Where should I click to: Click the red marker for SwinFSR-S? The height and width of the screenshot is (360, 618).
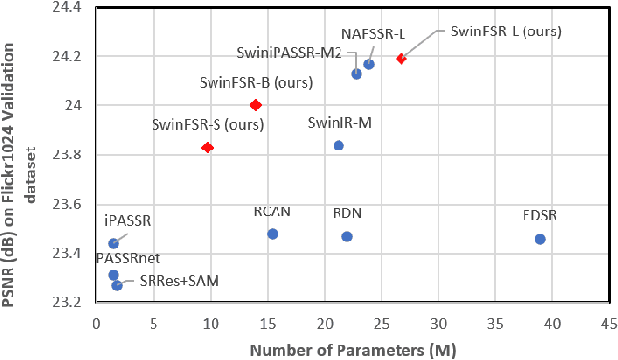(207, 148)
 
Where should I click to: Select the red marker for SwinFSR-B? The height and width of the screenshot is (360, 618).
(256, 105)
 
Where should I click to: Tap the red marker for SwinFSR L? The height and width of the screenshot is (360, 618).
(401, 59)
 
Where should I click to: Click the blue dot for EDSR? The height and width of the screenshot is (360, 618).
(540, 239)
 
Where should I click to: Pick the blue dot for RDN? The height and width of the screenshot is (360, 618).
(347, 236)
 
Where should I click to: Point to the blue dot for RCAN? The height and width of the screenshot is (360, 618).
(273, 234)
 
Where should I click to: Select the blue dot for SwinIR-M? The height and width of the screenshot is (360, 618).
(339, 146)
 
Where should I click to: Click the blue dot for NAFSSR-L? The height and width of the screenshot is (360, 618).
(369, 64)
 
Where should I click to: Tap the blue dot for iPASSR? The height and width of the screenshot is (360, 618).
(113, 243)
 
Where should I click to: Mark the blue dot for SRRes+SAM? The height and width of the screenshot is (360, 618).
(117, 285)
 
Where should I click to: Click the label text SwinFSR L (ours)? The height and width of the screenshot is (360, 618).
(505, 31)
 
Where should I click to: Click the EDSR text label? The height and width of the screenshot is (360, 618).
(539, 216)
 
